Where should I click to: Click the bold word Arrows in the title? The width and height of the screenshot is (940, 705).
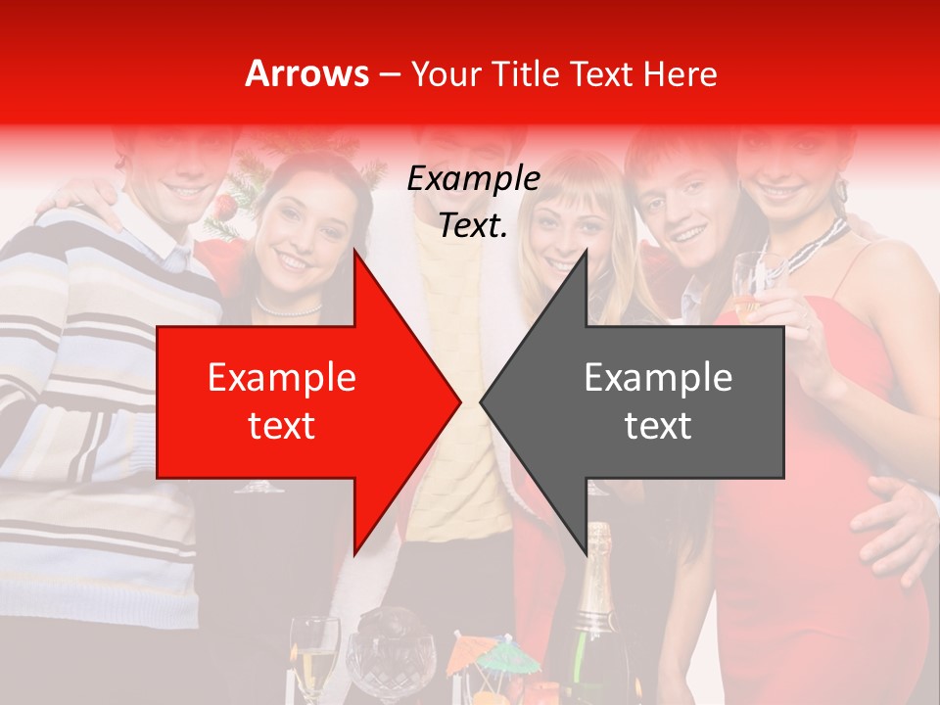tap(307, 73)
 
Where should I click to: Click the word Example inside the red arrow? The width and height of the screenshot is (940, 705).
tap(282, 378)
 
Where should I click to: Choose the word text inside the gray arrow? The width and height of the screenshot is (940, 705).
tap(658, 425)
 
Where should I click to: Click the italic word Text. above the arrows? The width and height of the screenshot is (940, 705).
tap(473, 226)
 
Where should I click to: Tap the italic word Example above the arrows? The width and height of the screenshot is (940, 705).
tap(473, 179)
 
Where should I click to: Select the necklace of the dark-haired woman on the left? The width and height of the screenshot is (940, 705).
tap(288, 309)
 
